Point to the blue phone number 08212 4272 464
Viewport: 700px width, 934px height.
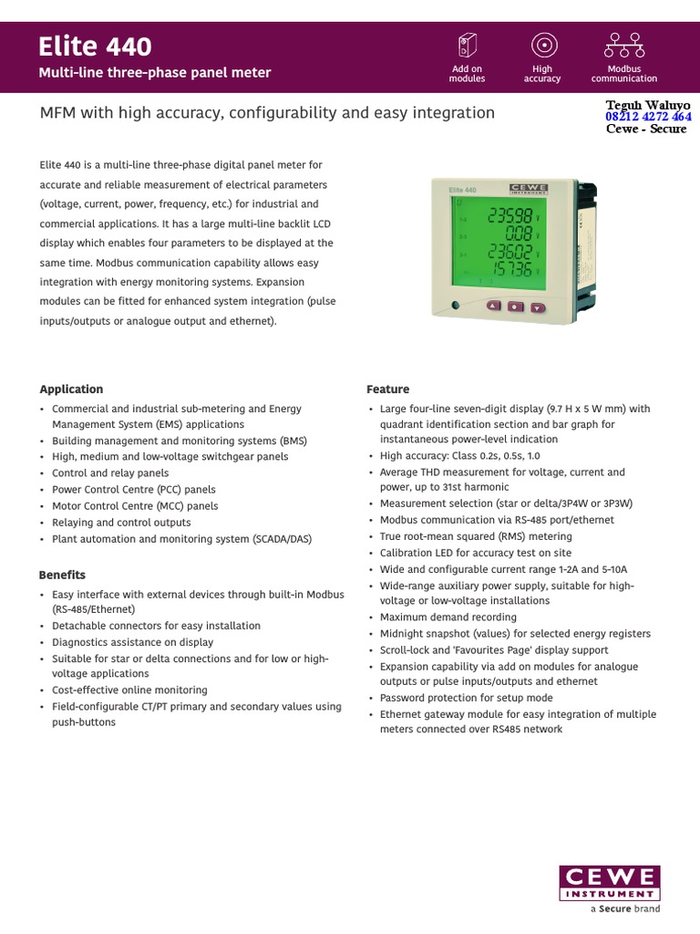648,117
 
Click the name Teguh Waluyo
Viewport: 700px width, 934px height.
648,104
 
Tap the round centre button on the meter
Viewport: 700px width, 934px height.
515,306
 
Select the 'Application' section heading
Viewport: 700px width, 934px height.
71,389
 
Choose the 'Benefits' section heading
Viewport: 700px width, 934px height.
62,576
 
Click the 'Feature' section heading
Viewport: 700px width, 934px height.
388,389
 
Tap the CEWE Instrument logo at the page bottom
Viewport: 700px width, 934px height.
610,883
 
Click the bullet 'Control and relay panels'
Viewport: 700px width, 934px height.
110,473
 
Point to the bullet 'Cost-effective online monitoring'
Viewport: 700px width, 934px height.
129,690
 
